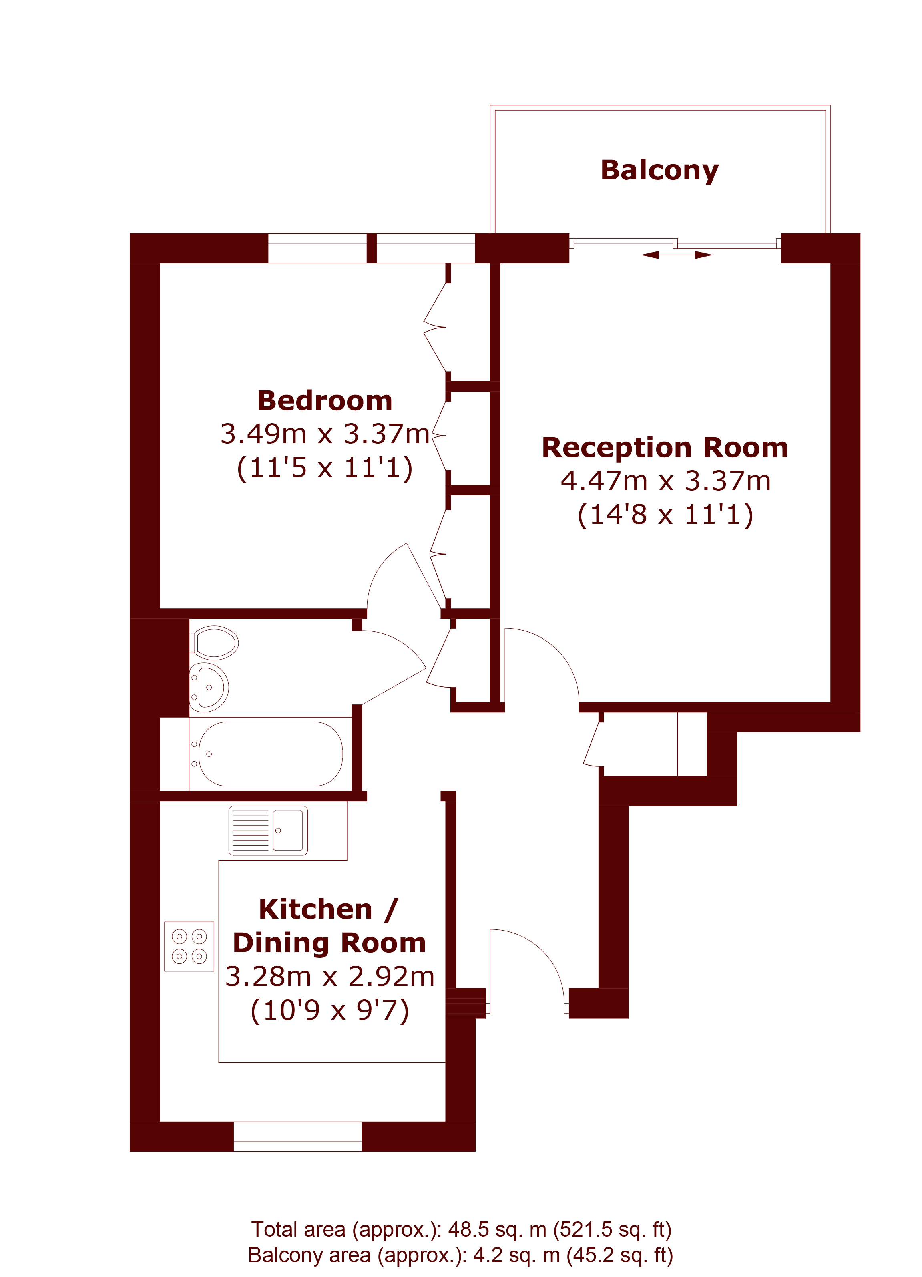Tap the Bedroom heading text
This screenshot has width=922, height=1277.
click(x=325, y=401)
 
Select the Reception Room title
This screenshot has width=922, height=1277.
click(x=665, y=448)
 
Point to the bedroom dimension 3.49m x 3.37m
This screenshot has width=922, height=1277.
click(x=325, y=434)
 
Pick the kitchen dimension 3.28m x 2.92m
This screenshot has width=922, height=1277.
click(x=330, y=976)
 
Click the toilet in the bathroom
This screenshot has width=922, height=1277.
click(x=215, y=642)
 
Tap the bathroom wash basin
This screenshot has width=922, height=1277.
click(x=209, y=688)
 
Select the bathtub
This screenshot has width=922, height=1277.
click(x=270, y=754)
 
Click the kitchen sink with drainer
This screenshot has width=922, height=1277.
click(x=268, y=831)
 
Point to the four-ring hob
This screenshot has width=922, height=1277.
click(x=189, y=947)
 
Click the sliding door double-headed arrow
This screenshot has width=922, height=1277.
click(x=676, y=255)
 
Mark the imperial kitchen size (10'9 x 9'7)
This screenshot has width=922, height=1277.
click(x=330, y=1010)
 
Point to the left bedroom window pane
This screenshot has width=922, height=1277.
click(x=317, y=248)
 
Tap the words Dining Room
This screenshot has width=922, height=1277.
click(x=330, y=943)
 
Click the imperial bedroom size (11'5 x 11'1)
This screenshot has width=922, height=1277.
click(x=325, y=468)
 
